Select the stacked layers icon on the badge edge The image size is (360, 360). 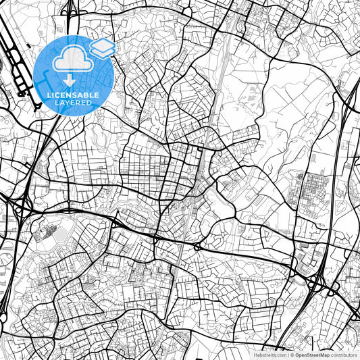102,48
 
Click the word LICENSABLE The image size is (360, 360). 73,95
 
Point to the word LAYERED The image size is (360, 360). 73,103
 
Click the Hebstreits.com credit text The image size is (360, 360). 268,355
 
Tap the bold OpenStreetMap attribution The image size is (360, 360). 312,355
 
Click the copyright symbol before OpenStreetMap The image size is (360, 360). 290,355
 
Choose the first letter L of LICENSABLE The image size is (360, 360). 49,95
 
